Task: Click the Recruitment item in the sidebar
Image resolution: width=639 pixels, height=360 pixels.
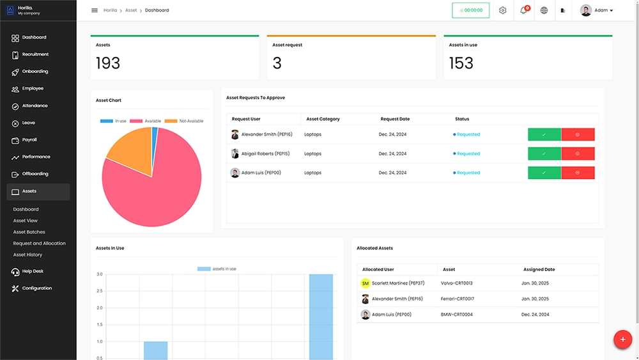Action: [x=35, y=54]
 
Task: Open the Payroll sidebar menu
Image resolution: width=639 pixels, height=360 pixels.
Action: [x=29, y=139]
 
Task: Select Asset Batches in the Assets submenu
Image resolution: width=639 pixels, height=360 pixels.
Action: [x=29, y=232]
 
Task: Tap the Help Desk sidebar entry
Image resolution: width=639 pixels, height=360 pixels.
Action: [x=33, y=271]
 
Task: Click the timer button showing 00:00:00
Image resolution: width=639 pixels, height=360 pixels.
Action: [x=471, y=10]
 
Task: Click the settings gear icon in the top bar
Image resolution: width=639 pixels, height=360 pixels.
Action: [x=503, y=10]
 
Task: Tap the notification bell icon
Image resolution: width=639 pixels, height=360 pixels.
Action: [x=523, y=10]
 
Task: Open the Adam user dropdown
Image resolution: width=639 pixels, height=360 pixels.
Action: [x=597, y=10]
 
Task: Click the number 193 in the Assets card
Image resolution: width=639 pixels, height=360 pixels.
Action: [x=108, y=63]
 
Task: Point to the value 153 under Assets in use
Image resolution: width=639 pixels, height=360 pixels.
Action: [x=461, y=63]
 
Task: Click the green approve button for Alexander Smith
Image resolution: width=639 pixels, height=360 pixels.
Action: [x=544, y=134]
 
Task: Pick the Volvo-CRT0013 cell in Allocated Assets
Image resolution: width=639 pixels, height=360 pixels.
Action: [x=456, y=283]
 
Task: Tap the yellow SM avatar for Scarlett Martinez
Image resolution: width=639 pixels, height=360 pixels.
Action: [x=366, y=283]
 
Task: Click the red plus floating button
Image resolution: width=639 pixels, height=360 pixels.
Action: [x=622, y=340]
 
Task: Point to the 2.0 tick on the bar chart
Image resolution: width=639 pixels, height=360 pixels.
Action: [x=99, y=308]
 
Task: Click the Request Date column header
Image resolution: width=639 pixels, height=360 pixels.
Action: [x=395, y=119]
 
